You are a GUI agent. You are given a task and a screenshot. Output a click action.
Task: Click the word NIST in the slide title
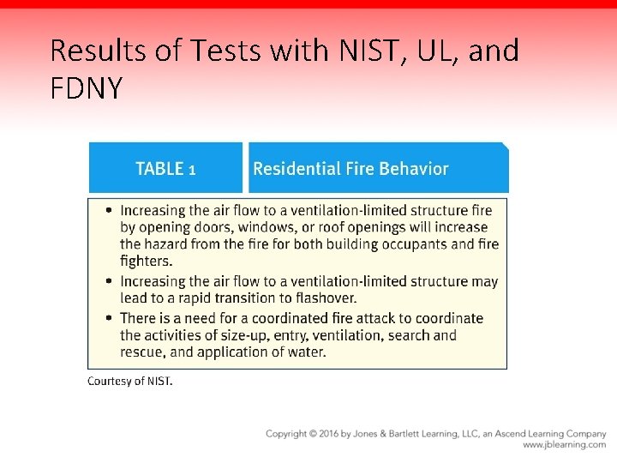point(361,51)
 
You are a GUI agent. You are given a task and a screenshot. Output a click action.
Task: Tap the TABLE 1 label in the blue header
point(166,169)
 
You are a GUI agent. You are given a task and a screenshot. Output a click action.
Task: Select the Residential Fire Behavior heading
point(350,169)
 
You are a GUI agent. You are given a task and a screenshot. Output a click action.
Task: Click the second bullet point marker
point(109,281)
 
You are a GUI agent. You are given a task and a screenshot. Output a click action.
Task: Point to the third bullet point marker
point(109,318)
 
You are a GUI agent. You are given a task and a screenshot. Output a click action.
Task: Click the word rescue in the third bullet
point(141,352)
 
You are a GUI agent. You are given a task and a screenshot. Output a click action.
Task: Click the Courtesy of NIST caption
point(129,382)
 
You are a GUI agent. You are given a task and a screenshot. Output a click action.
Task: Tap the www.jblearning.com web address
point(564,445)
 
